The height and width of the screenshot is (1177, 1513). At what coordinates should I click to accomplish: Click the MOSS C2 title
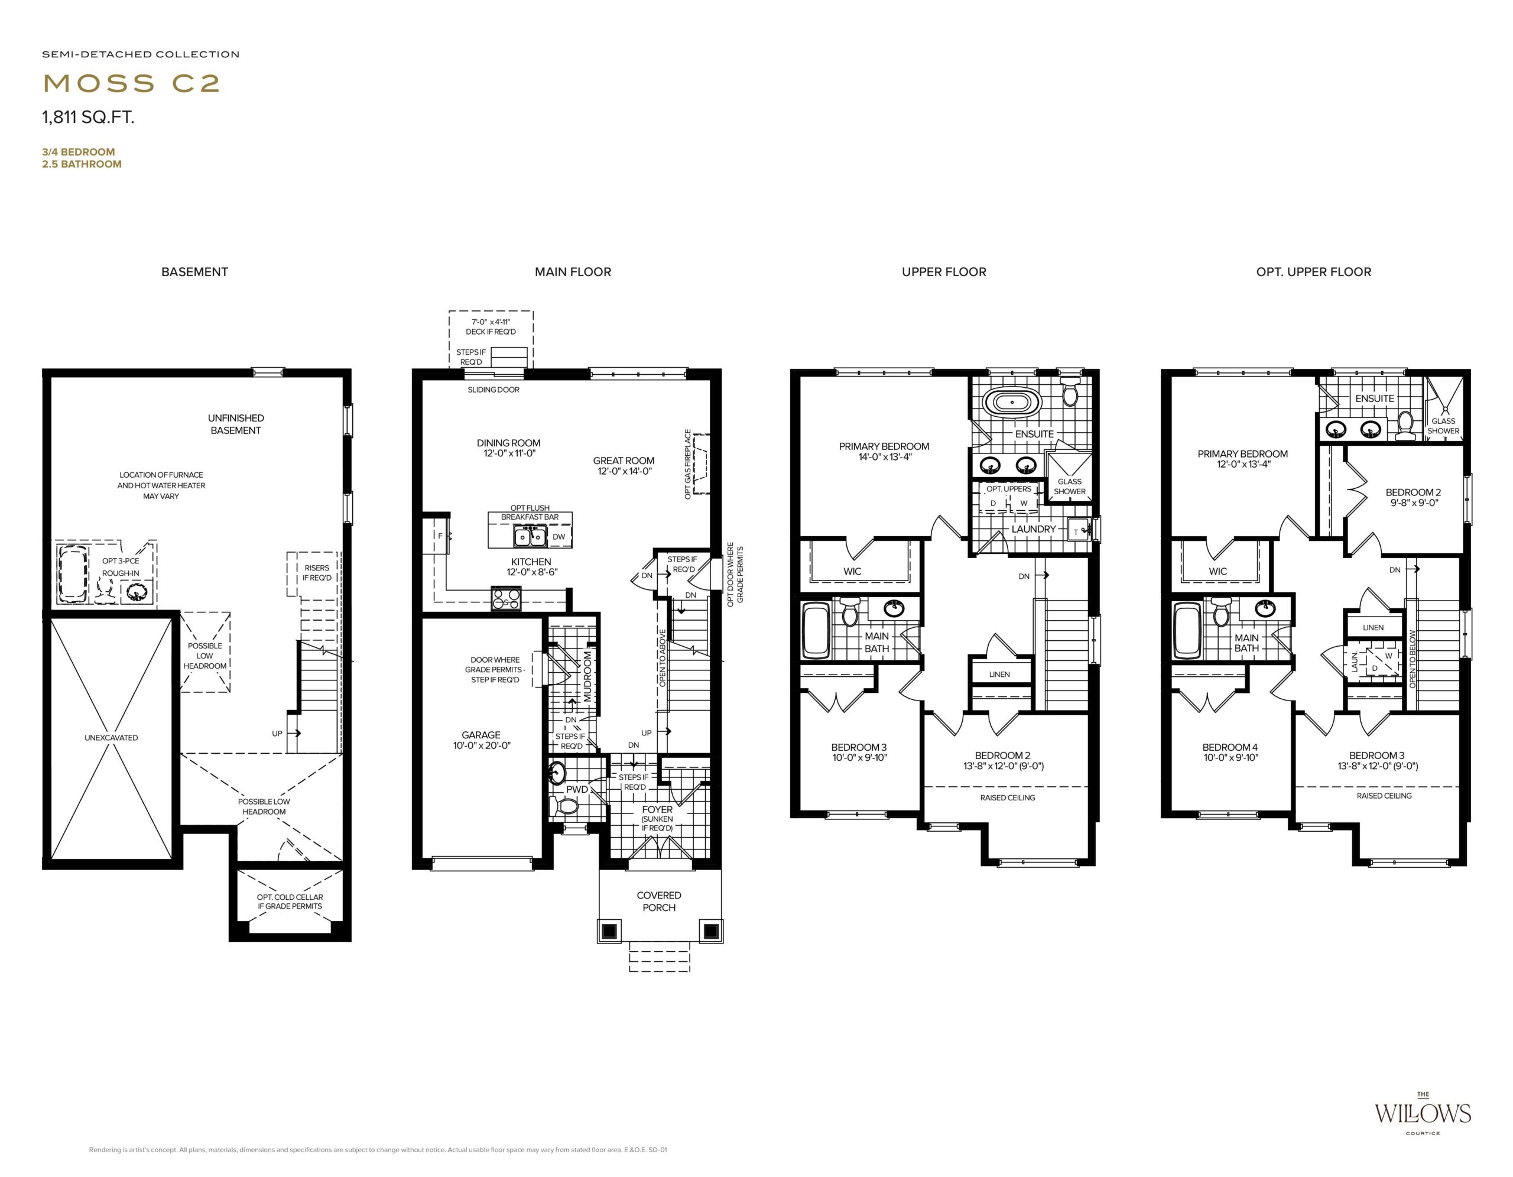click(132, 83)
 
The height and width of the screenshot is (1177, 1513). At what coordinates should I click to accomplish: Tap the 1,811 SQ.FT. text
click(88, 117)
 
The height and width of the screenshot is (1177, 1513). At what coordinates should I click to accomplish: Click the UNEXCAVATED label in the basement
click(111, 738)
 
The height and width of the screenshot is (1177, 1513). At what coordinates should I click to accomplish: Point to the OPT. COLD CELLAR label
click(290, 902)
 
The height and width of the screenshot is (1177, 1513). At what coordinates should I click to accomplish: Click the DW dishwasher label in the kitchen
click(559, 537)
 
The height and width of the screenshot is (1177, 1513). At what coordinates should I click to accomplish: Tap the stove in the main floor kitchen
click(506, 598)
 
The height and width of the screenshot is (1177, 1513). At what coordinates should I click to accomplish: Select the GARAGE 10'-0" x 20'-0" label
click(480, 740)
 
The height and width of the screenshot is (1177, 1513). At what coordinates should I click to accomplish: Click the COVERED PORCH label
click(659, 902)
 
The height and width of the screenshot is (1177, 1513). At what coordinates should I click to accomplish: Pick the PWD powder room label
click(577, 789)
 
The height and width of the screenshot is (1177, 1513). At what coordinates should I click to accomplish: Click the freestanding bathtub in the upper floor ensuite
click(1012, 402)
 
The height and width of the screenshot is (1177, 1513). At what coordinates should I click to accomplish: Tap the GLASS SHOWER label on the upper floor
click(1070, 487)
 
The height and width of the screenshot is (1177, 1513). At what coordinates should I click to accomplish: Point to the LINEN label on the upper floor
click(999, 674)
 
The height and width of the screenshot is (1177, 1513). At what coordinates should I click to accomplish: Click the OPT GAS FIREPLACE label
click(688, 464)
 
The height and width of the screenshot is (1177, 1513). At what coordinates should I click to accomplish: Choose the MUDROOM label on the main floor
click(587, 676)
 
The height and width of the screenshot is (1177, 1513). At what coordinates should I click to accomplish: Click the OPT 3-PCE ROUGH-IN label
click(121, 567)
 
